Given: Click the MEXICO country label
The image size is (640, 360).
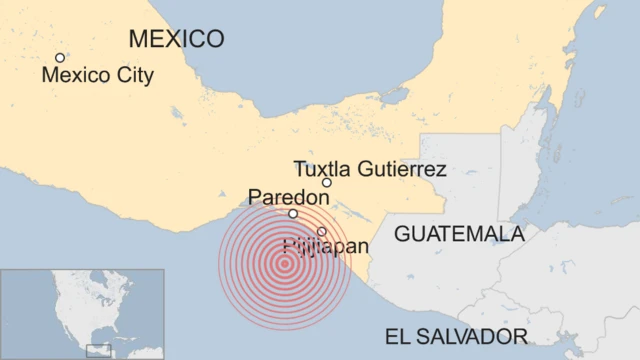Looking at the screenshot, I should (176, 39).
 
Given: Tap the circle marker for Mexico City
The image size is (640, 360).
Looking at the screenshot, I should (60, 58).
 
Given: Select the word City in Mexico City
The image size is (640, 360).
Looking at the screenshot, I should (133, 75).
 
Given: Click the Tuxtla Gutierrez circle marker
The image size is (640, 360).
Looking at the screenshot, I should (326, 183).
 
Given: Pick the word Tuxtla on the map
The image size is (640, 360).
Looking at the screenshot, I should (321, 169).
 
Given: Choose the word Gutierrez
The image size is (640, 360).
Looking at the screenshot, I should (400, 169).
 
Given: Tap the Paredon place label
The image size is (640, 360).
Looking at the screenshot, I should (287, 198).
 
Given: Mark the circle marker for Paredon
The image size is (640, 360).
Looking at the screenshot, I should (293, 213).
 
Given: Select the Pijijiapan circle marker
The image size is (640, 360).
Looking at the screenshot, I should (321, 231).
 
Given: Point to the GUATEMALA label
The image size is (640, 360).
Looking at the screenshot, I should (459, 234).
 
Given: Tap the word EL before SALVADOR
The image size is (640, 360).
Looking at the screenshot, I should (398, 335).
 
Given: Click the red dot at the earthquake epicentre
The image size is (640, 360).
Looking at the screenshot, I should (285, 264).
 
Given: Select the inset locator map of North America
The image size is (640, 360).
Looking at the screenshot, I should (82, 313).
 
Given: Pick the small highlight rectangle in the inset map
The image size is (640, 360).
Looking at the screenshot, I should (99, 349).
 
